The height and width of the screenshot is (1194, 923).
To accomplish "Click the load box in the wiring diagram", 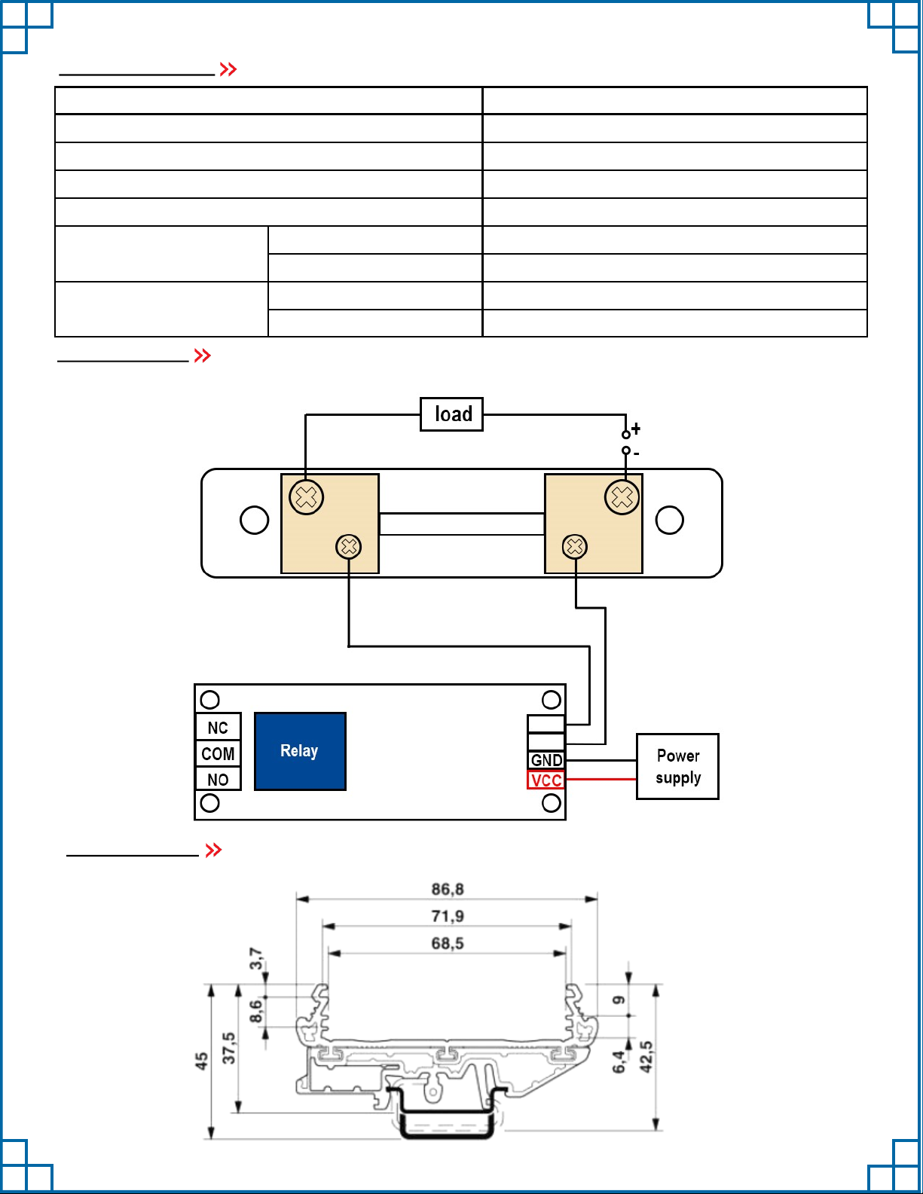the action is click(x=451, y=414).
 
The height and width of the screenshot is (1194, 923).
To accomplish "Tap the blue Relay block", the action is click(x=300, y=751).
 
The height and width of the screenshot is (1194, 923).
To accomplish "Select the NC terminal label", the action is click(x=218, y=728).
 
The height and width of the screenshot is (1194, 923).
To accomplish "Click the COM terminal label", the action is click(x=218, y=753).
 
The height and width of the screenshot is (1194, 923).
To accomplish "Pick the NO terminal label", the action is click(x=218, y=780).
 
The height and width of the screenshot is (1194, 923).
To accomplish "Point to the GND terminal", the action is click(x=546, y=760).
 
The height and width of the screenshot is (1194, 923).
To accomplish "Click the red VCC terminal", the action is click(x=546, y=780).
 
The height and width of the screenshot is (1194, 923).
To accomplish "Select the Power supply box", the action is click(x=677, y=766).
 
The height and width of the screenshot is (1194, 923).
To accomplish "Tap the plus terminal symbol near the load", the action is click(x=636, y=429).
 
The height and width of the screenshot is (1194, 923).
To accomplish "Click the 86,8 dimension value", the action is click(x=448, y=889).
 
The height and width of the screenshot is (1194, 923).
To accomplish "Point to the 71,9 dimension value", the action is click(x=448, y=916).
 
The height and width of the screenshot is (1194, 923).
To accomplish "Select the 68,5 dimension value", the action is click(x=448, y=943).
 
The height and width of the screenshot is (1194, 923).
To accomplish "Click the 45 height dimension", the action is click(x=201, y=1061).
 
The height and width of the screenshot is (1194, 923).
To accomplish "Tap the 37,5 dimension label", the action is click(x=229, y=1048).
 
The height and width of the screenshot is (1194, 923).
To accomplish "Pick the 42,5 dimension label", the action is click(x=646, y=1056).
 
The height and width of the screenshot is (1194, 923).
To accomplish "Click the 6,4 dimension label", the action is click(x=619, y=1062).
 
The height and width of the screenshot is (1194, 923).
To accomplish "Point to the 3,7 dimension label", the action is click(x=256, y=959).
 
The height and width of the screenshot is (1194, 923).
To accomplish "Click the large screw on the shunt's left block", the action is click(x=307, y=497).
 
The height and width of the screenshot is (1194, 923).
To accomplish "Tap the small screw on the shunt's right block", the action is click(x=575, y=546).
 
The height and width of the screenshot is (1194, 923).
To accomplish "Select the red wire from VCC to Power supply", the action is click(x=601, y=779).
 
